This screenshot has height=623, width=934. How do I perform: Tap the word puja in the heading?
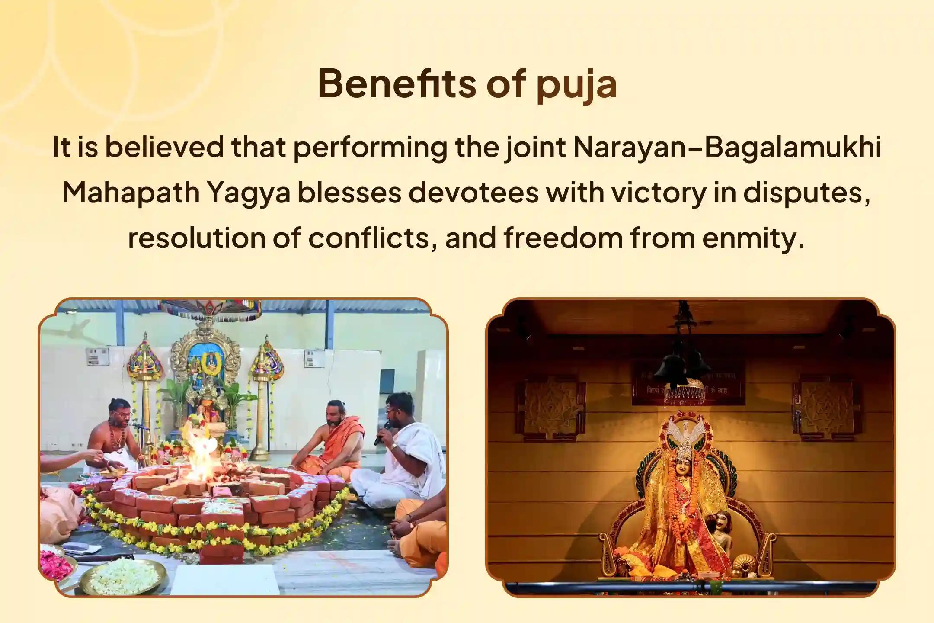[576, 85]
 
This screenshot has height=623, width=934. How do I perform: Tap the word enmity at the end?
[753, 238]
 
